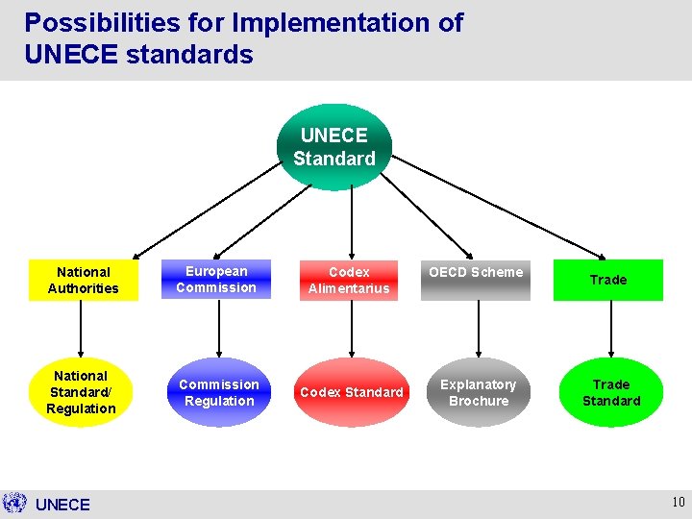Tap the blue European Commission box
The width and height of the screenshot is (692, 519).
(216, 280)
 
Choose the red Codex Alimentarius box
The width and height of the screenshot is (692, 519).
(349, 280)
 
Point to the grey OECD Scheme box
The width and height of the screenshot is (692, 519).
(476, 280)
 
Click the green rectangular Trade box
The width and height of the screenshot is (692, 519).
(607, 280)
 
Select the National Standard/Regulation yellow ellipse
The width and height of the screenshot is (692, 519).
(82, 392)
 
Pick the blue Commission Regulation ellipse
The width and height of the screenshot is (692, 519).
(219, 392)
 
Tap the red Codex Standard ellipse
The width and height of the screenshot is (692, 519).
(352, 392)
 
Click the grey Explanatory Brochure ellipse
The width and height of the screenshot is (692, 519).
(478, 392)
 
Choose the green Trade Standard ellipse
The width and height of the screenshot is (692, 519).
(611, 392)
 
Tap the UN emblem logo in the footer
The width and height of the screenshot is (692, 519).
(14, 503)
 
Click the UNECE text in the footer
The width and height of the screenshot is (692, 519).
(62, 505)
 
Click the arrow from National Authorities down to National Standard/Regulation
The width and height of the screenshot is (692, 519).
(81, 329)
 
